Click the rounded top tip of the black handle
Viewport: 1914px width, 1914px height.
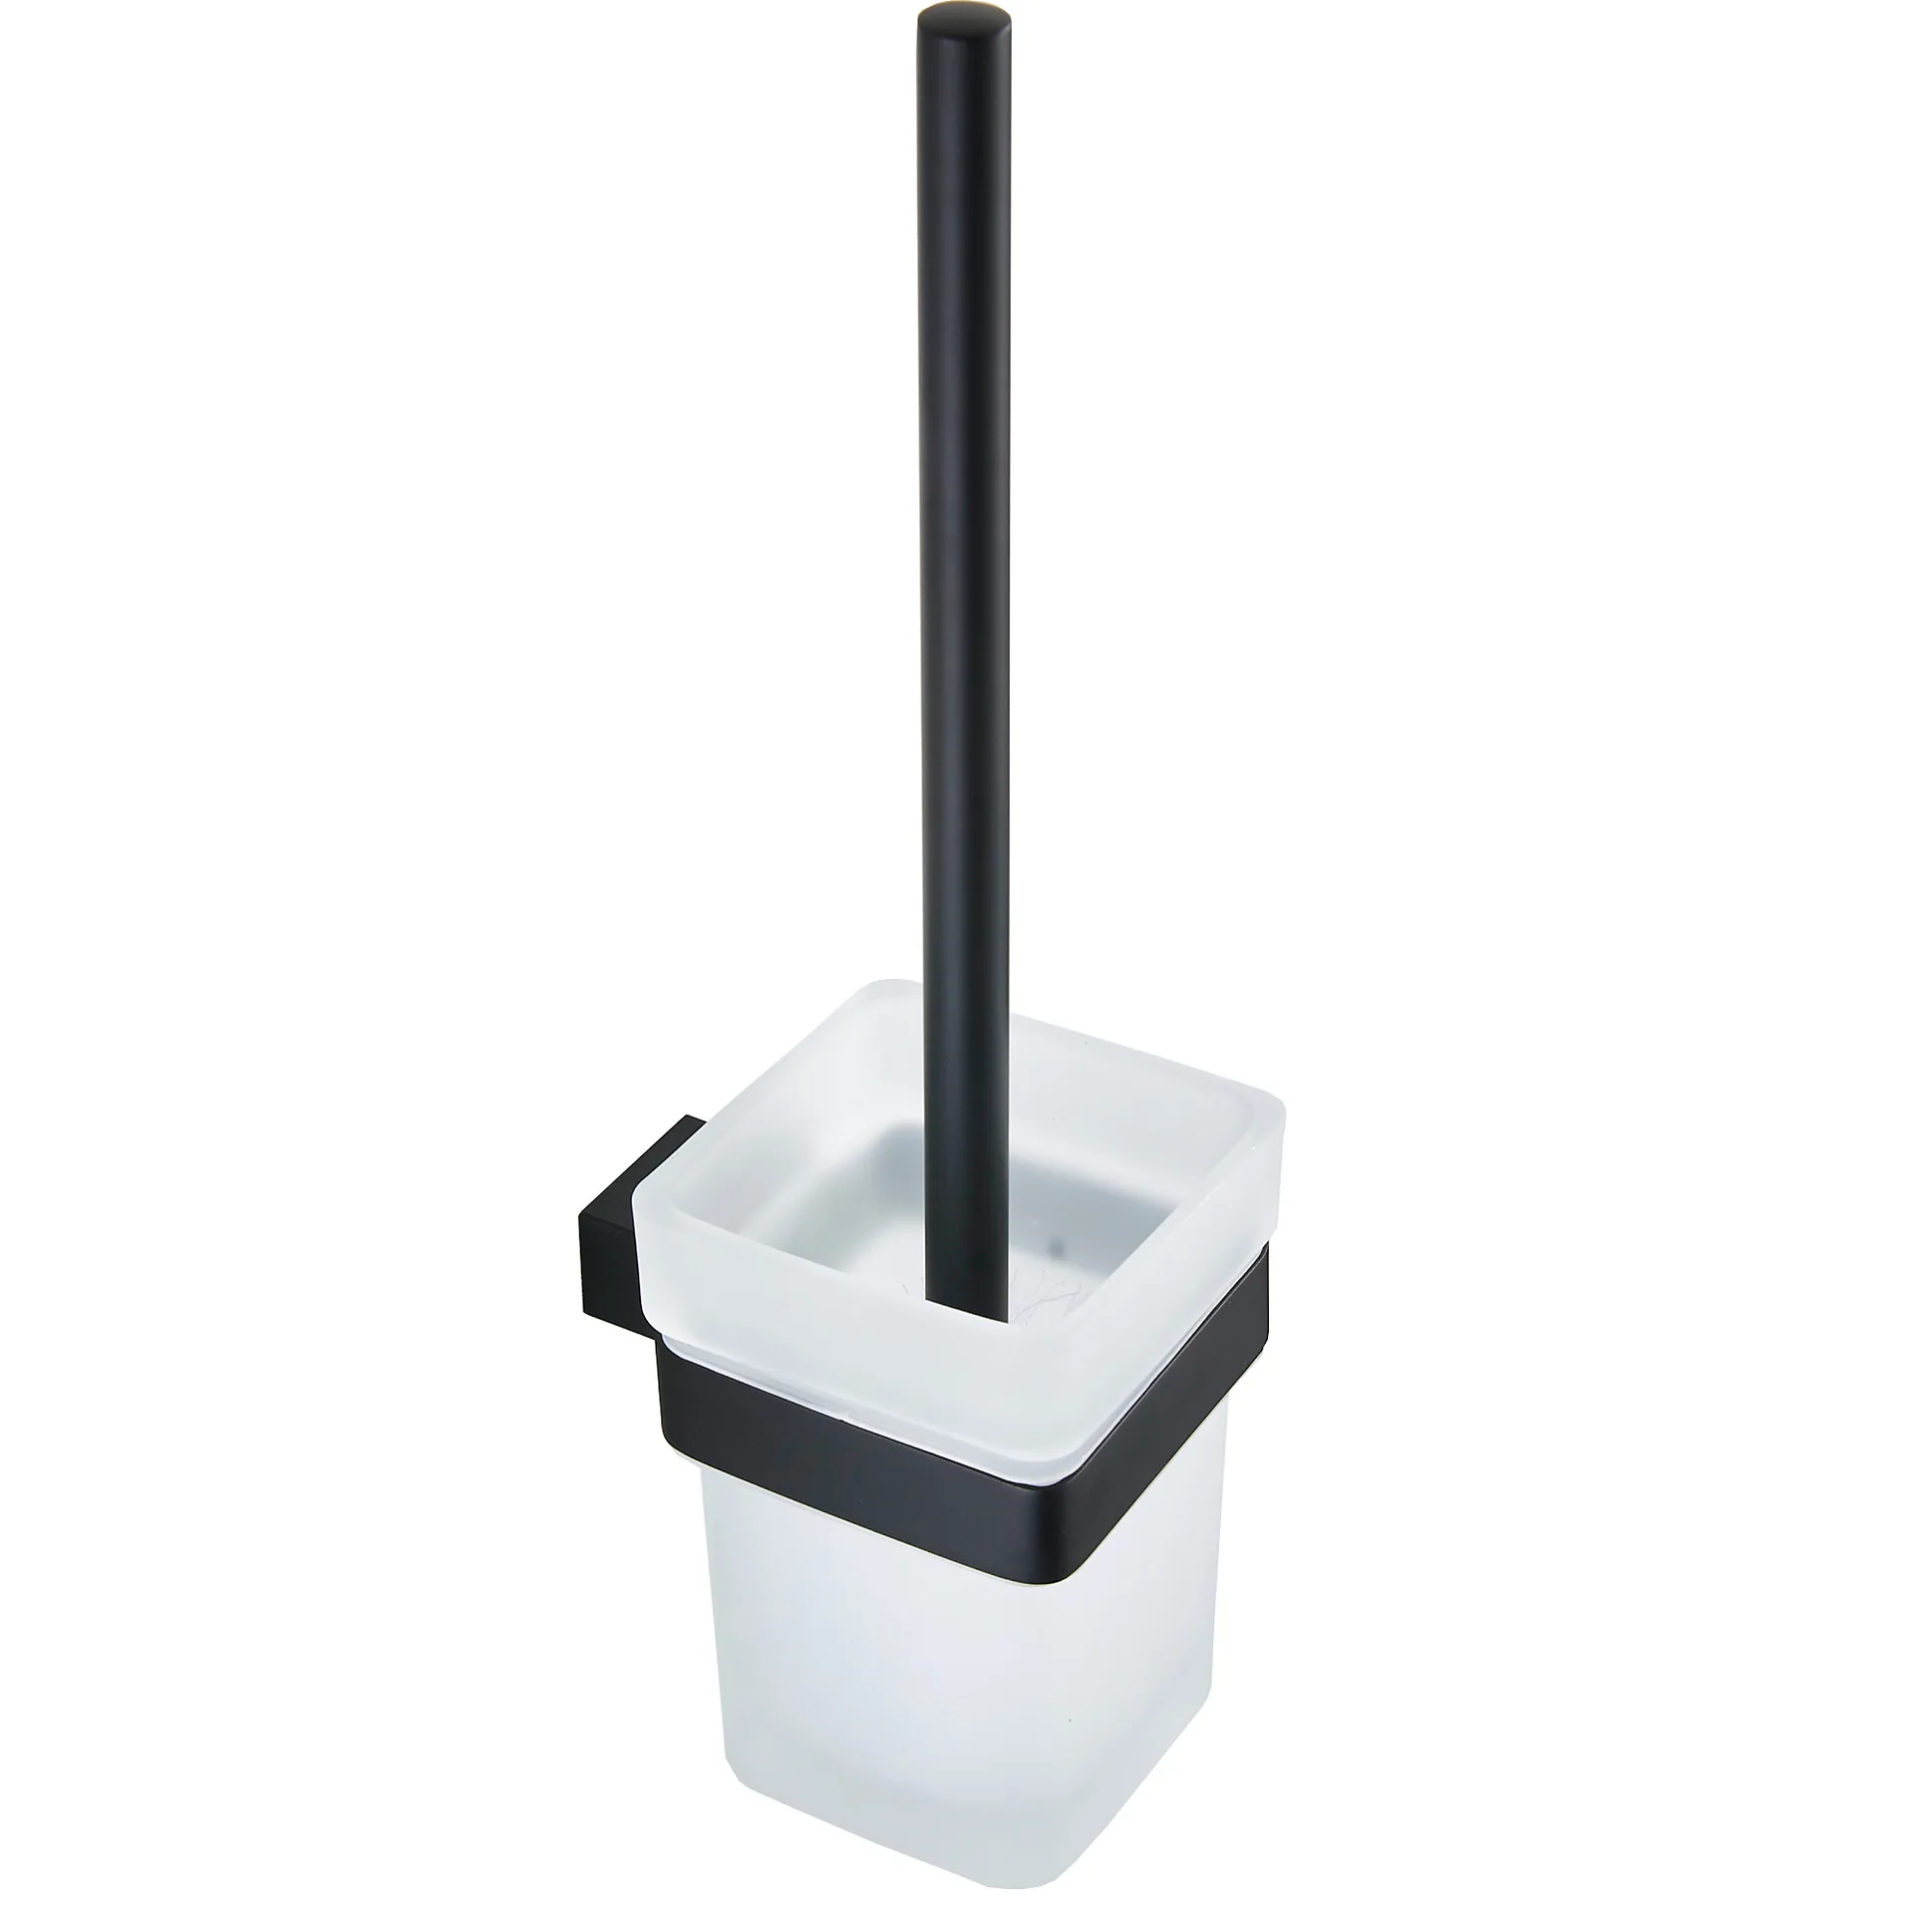pos(945,22)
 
